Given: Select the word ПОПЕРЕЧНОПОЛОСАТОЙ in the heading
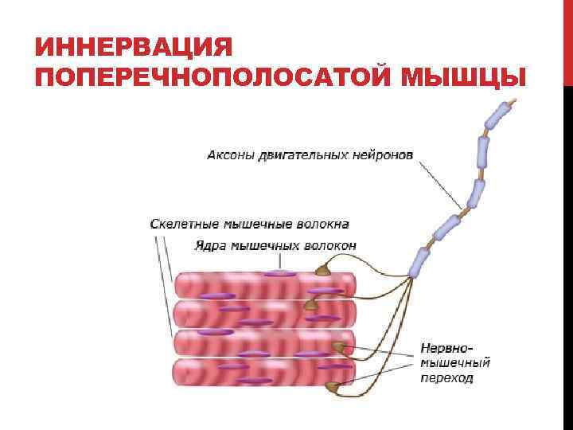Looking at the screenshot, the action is coord(215,77).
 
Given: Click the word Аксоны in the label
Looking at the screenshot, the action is coord(231,154).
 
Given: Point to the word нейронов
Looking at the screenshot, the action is coord(383,154).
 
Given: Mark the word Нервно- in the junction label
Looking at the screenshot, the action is coord(447,348).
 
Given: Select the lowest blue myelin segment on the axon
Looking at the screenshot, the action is coord(419,261).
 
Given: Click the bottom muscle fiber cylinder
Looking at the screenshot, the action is coord(263,373).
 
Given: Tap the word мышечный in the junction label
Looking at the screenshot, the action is coord(455,363).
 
